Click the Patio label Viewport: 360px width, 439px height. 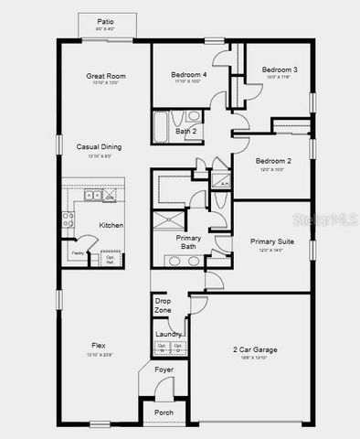pyautogui.click(x=106, y=22)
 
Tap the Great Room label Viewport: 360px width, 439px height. pyautogui.click(x=106, y=76)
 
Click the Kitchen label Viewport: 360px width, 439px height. pyautogui.click(x=111, y=225)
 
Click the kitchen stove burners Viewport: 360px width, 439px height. pyautogui.click(x=68, y=219)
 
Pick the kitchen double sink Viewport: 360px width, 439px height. pyautogui.click(x=92, y=196)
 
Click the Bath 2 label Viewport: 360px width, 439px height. pyautogui.click(x=186, y=132)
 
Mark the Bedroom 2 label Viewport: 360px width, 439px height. pyautogui.click(x=273, y=161)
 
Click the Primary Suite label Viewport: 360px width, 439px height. pyautogui.click(x=271, y=241)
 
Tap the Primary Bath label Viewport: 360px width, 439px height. pyautogui.click(x=189, y=241)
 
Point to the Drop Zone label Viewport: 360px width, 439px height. pyautogui.click(x=163, y=305)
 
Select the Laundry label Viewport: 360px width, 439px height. pyautogui.click(x=167, y=334)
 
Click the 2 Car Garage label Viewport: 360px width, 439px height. pyautogui.click(x=255, y=349)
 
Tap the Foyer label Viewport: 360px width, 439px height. pyautogui.click(x=164, y=369)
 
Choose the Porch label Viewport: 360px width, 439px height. pyautogui.click(x=164, y=412)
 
